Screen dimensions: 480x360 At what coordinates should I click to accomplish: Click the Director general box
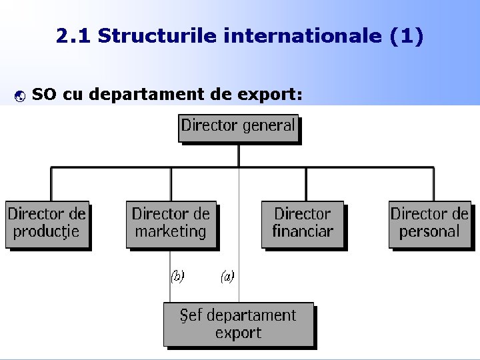pos(238,127)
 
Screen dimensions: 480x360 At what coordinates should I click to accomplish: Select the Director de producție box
pos(47,224)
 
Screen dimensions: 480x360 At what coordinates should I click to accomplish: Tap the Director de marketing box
pos(171,224)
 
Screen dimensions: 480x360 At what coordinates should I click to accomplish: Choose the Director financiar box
pos(303,224)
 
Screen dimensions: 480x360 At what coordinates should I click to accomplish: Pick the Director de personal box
pos(430,224)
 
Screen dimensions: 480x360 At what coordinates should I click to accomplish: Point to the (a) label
pos(227,276)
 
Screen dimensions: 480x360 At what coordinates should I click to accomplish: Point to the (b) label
pos(177,276)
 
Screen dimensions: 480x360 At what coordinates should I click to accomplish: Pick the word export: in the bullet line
pos(271,95)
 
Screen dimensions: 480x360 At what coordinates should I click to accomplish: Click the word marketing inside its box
pos(171,232)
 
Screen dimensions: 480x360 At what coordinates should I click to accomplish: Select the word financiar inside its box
pos(303,232)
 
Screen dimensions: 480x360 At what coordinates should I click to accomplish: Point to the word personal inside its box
pos(430,232)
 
